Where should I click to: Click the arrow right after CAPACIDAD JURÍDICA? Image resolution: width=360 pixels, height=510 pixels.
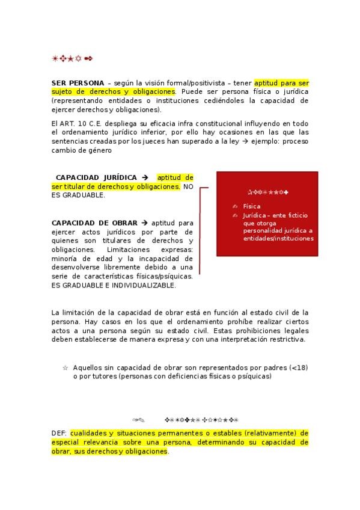click(x=145, y=177)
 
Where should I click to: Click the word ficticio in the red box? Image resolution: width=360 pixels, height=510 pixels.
click(x=299, y=214)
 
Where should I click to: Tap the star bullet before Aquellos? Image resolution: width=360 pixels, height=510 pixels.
click(x=65, y=367)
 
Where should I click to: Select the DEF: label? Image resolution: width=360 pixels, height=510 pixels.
click(x=59, y=433)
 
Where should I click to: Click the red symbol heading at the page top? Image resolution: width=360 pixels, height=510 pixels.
click(x=72, y=59)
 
